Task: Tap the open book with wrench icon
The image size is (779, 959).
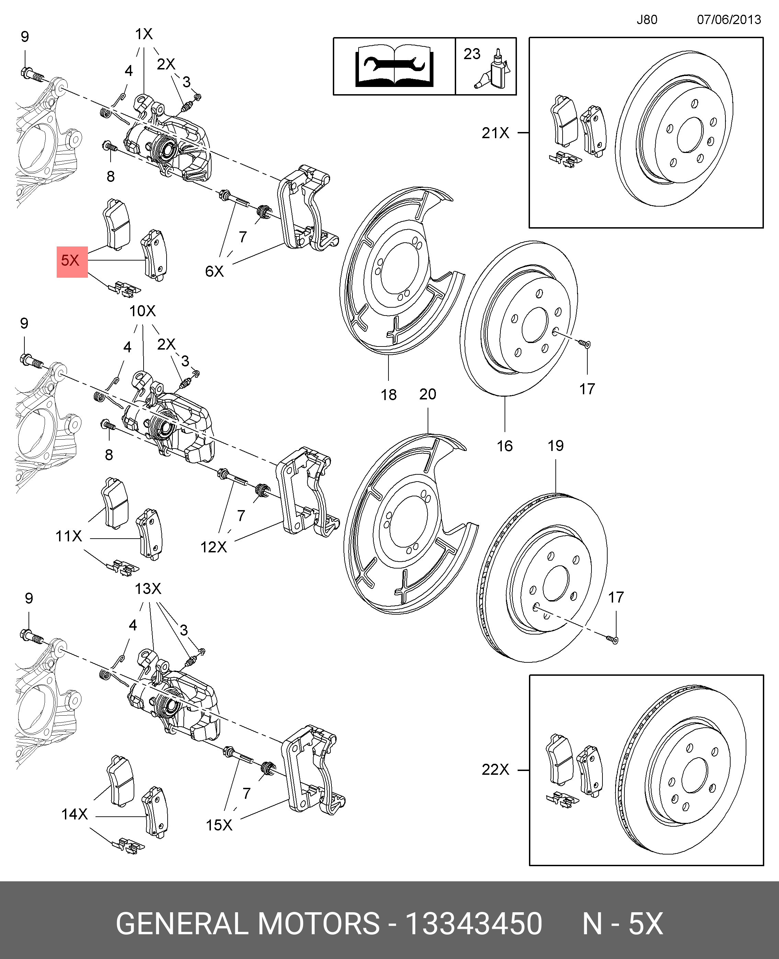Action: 394,66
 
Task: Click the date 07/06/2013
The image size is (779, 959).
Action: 729,20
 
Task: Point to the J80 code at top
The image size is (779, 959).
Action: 647,20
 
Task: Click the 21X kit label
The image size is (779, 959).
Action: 495,133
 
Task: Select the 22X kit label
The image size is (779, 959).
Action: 495,770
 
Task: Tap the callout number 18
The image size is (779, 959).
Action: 388,395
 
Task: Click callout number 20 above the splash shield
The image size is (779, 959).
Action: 428,394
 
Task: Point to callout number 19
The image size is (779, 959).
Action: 555,445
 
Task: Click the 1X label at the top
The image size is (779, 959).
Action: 144,34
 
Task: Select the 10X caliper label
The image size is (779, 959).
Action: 142,311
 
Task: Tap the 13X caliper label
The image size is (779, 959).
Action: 148,588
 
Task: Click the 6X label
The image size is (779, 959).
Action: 214,271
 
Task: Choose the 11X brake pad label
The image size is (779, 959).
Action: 69,536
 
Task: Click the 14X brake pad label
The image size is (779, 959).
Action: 75,814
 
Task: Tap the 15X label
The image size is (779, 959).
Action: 219,825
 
